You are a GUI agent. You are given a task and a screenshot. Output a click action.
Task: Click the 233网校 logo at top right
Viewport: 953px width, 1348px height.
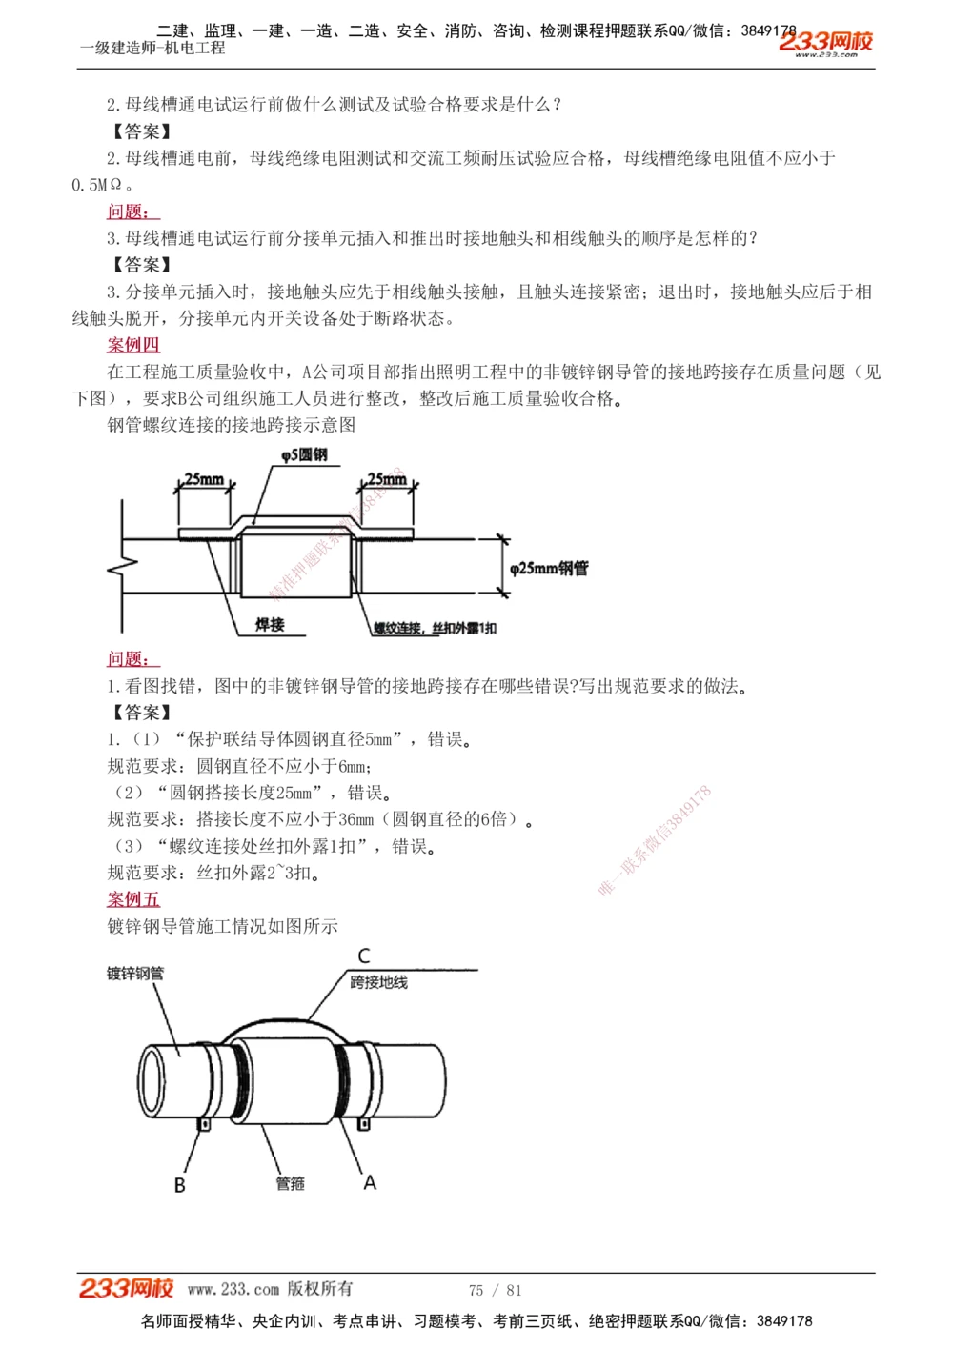pyautogui.click(x=825, y=42)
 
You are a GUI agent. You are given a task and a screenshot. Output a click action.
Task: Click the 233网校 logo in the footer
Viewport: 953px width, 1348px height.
pyautogui.click(x=126, y=1288)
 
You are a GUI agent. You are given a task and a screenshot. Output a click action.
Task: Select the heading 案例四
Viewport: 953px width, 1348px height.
pyautogui.click(x=133, y=345)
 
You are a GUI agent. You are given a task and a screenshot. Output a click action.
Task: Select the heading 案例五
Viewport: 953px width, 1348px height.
pyautogui.click(x=133, y=899)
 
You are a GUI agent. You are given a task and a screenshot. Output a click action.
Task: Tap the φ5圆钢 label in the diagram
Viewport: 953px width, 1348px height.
pyautogui.click(x=304, y=455)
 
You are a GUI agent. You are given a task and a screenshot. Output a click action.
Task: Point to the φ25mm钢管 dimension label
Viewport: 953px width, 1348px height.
pyautogui.click(x=549, y=569)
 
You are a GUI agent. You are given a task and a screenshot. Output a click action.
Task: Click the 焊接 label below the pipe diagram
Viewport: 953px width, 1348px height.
pyautogui.click(x=270, y=625)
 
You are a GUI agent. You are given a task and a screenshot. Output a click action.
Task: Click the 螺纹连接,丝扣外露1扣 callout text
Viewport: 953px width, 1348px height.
pyautogui.click(x=435, y=628)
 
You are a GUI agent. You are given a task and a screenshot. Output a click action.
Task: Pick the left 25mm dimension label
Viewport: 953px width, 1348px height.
pyautogui.click(x=204, y=479)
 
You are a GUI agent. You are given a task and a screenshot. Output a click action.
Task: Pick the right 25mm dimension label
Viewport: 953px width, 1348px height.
pyautogui.click(x=387, y=479)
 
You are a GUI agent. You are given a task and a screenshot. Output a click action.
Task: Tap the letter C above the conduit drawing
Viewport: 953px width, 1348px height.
pyautogui.click(x=364, y=956)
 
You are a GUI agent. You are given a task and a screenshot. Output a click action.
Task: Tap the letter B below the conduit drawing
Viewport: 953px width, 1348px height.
pyautogui.click(x=179, y=1185)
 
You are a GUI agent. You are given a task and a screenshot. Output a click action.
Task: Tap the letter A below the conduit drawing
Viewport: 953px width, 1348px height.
pyautogui.click(x=370, y=1182)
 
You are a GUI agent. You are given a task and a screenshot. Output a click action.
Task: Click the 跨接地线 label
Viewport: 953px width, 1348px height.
pyautogui.click(x=378, y=982)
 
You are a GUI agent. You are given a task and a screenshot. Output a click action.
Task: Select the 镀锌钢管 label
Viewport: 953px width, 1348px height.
pyautogui.click(x=135, y=974)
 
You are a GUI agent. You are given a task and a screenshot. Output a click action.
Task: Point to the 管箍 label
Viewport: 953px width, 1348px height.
pyautogui.click(x=290, y=1183)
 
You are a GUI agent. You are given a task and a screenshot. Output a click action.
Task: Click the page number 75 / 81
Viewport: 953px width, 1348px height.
pyautogui.click(x=496, y=1290)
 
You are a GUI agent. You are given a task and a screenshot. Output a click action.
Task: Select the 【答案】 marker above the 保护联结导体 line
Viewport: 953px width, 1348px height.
pyautogui.click(x=141, y=713)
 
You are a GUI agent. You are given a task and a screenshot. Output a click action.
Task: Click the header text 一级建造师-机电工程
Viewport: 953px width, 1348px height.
pyautogui.click(x=152, y=48)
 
